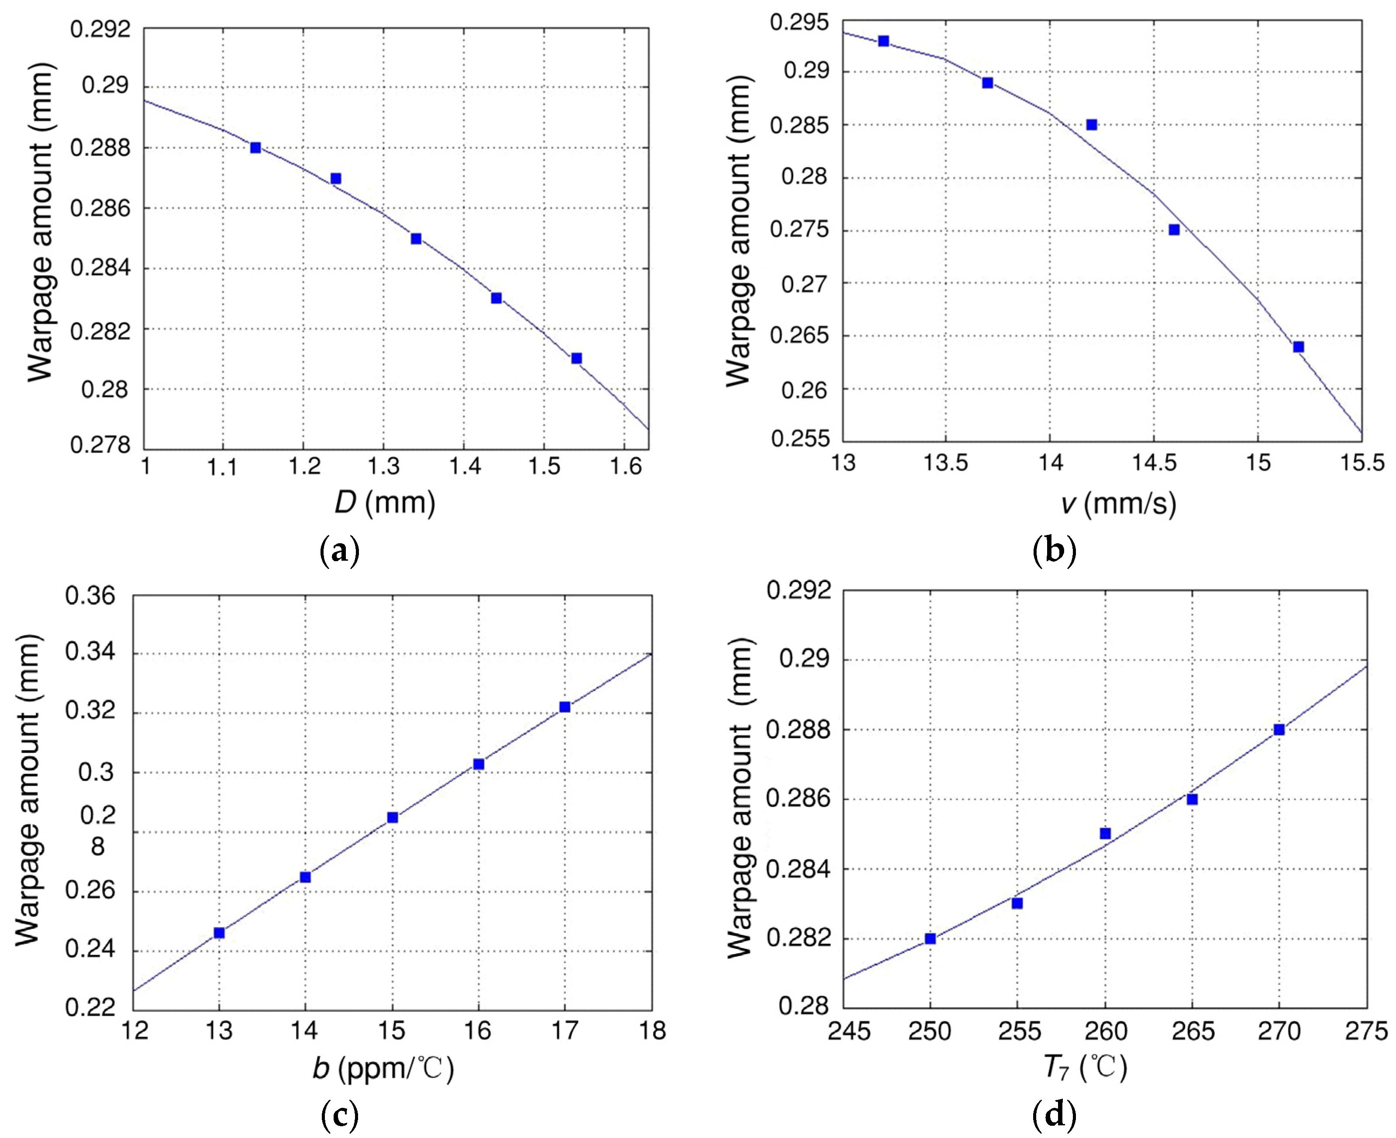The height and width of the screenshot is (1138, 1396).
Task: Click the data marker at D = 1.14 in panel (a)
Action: point(255,148)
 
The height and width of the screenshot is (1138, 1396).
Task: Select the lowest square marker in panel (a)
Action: point(576,358)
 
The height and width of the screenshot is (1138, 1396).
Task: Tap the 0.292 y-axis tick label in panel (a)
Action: point(100,30)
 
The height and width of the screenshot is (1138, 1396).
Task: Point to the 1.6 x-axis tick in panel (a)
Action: point(626,466)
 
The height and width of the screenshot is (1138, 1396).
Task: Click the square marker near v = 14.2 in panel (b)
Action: point(1091,124)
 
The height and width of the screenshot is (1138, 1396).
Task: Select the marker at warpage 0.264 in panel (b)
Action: point(1298,347)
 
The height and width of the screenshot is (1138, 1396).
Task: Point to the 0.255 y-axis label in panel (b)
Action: point(800,438)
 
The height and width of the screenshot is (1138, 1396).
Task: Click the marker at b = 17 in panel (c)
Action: point(564,707)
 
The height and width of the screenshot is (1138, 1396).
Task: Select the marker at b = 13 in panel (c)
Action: point(219,932)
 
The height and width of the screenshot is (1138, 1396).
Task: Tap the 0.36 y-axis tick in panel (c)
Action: point(90,596)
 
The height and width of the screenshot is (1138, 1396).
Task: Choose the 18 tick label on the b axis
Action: point(652,1031)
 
